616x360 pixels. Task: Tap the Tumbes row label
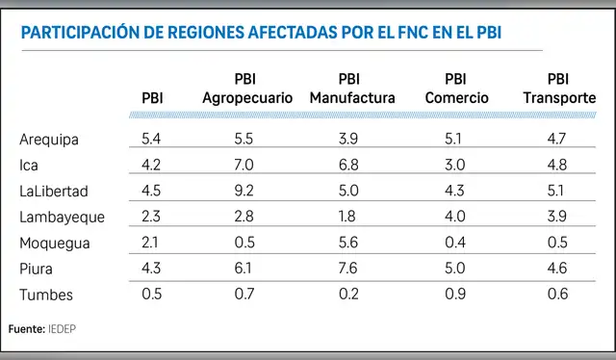tap(46, 296)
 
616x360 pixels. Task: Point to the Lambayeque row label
tap(62, 218)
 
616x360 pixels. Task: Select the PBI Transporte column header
tap(558, 89)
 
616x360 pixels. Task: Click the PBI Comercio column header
tap(455, 89)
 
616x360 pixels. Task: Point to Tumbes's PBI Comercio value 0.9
tap(455, 296)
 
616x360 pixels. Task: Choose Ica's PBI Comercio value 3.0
tap(455, 166)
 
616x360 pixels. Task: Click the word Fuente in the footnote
tap(25, 329)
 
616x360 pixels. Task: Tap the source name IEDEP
tap(63, 329)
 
